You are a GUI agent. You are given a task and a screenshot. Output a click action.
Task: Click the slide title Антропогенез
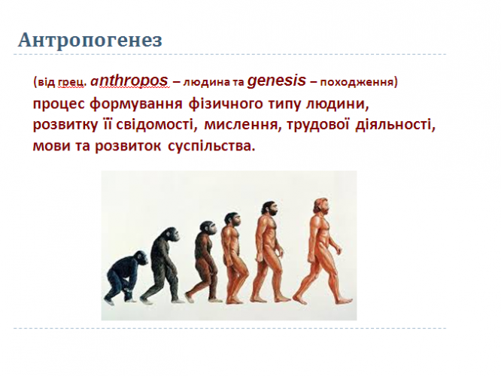(90, 41)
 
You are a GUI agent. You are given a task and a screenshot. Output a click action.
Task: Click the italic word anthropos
(129, 80)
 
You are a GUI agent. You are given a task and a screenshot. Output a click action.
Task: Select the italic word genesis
(277, 80)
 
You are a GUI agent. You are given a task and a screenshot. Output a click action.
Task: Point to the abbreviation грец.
(72, 83)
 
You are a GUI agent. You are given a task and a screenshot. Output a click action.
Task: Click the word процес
(59, 104)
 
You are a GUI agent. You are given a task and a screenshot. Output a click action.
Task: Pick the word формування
(136, 104)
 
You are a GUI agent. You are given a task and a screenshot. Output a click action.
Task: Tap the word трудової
(318, 125)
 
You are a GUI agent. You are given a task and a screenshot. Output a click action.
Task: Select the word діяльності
(396, 124)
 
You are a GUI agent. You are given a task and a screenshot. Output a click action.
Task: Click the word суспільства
(211, 146)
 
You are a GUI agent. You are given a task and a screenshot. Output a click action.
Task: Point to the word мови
(51, 146)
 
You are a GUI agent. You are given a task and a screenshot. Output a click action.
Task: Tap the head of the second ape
(171, 235)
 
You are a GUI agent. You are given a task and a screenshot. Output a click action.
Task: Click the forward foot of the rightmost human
(344, 300)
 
